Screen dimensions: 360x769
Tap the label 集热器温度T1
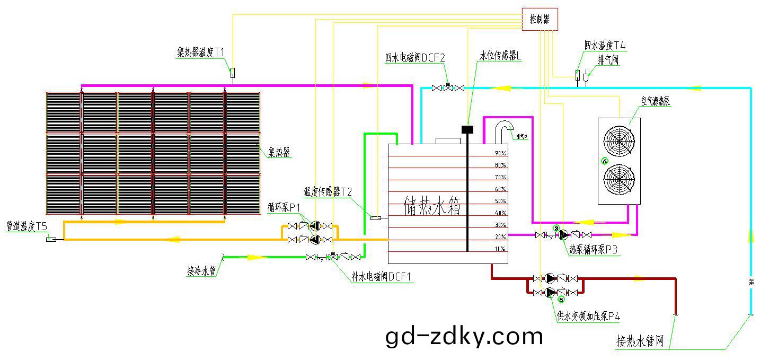click(201, 52)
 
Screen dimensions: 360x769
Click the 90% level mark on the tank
click(500, 153)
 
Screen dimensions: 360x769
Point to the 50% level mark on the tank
click(500, 201)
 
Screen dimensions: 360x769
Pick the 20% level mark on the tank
click(500, 237)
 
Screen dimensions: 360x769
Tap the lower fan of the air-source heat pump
click(620, 180)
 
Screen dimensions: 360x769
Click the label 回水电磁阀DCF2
click(415, 58)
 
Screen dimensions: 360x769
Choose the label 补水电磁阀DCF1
click(382, 277)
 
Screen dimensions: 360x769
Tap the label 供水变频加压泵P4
click(588, 317)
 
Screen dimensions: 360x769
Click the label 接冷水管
click(201, 271)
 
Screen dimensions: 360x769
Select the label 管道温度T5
click(26, 226)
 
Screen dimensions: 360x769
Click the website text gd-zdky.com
click(464, 336)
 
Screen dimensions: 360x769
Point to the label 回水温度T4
click(605, 46)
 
